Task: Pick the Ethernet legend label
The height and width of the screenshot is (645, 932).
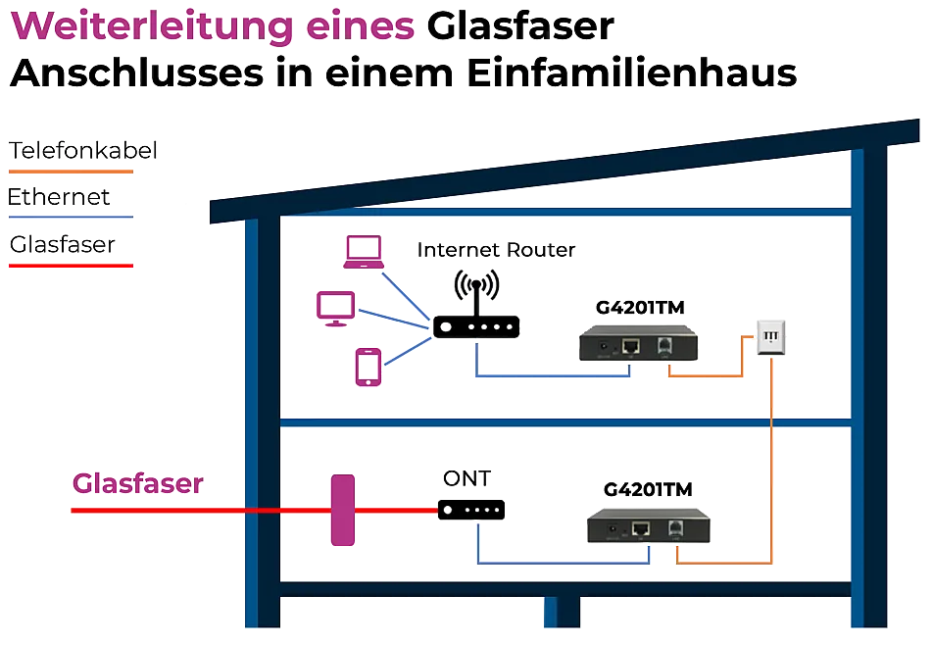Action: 58,198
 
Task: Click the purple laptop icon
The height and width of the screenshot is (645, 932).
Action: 362,253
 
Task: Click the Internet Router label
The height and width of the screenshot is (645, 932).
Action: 495,250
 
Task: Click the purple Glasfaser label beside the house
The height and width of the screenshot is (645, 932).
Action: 137,483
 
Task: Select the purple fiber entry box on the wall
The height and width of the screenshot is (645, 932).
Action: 342,510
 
